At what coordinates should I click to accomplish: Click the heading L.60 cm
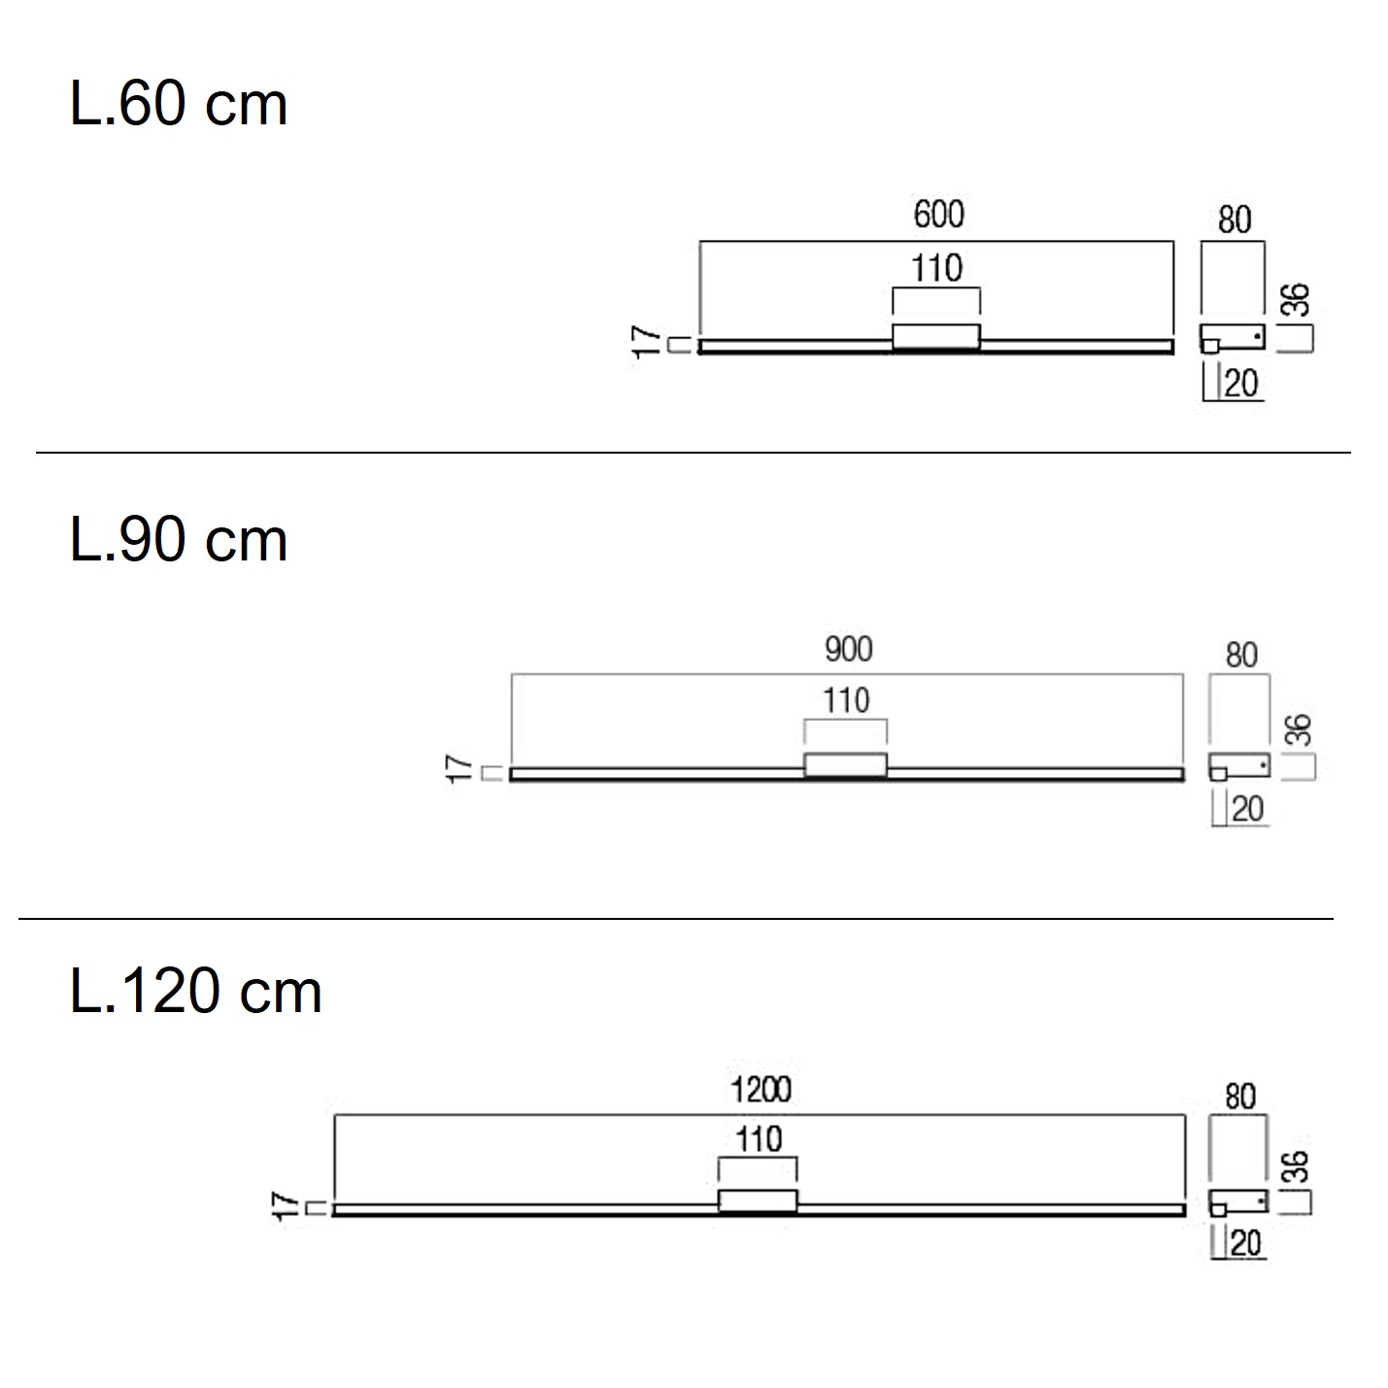coord(179,105)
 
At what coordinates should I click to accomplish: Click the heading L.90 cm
coord(179,541)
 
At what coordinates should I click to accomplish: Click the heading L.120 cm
coord(195,992)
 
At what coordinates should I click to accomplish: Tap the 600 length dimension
coord(938,215)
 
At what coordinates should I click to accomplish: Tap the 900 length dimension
coord(848,649)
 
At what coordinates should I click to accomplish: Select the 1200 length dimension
coord(761,1090)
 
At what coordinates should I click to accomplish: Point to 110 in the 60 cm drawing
coord(936,268)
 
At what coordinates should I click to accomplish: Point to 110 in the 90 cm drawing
coord(846,700)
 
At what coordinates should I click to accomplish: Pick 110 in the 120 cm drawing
coord(758,1138)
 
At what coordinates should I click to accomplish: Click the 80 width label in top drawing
coord(1234,220)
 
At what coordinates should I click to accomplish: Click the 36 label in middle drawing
coord(1299,730)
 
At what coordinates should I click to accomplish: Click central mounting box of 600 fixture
coord(936,336)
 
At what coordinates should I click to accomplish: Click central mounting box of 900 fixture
coord(845,764)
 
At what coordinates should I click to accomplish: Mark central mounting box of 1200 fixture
coord(758,1201)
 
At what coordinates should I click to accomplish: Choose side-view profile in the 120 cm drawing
coord(1238,1202)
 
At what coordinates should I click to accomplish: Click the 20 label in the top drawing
coord(1241,385)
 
